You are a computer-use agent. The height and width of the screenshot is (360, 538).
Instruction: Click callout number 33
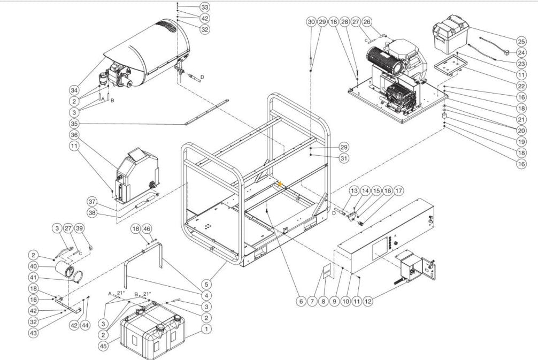click(x=204, y=7)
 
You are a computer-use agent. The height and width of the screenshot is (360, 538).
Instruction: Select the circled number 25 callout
click(x=521, y=41)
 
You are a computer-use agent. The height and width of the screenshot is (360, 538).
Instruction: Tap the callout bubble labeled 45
click(x=103, y=346)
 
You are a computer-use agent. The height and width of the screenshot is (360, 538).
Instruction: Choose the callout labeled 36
click(x=74, y=135)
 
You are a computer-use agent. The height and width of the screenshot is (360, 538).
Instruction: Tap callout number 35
click(x=74, y=124)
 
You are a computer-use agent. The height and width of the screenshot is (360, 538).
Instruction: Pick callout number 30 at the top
click(x=311, y=22)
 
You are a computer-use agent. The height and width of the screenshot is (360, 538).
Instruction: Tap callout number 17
click(x=400, y=190)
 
